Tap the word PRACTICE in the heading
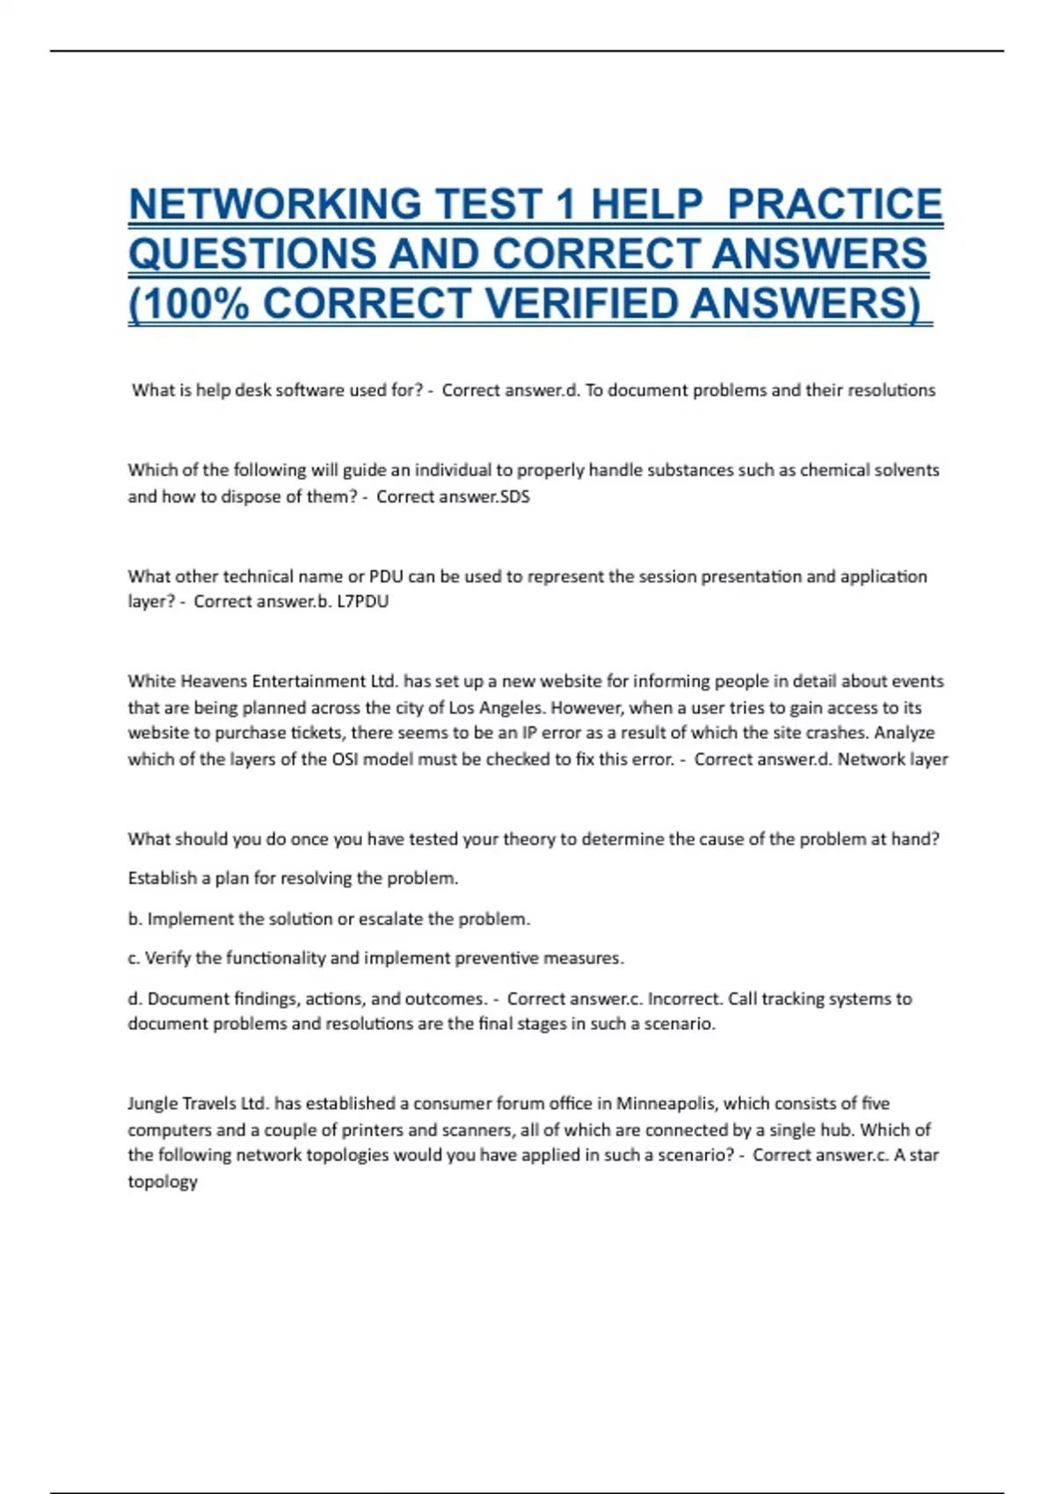coord(834,205)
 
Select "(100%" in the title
coord(188,304)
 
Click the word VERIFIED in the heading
coord(581,304)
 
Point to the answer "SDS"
coord(514,497)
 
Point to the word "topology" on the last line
coord(163,1182)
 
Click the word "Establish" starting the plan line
coord(162,878)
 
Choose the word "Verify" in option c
coord(166,959)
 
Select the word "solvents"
coord(906,470)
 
